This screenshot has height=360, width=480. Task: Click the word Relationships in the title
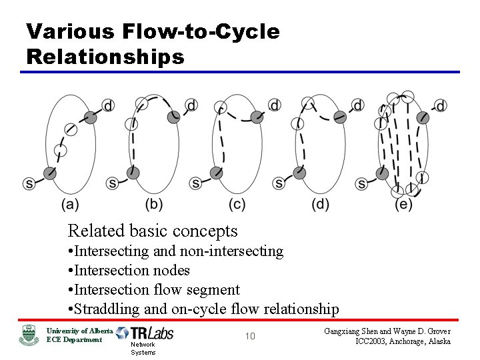(x=105, y=57)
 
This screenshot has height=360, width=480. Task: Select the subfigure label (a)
(x=70, y=205)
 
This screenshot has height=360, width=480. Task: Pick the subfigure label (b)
(x=154, y=205)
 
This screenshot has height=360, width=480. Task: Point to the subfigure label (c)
(x=237, y=205)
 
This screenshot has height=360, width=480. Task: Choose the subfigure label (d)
(x=320, y=205)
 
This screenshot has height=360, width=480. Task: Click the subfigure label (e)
(x=403, y=205)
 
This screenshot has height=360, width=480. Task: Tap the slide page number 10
(x=249, y=336)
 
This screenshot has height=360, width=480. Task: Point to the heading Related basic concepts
(x=153, y=231)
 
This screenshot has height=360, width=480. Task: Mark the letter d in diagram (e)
(x=441, y=105)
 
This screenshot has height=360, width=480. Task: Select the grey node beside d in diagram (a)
(x=91, y=118)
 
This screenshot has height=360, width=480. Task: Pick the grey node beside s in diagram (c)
(x=215, y=173)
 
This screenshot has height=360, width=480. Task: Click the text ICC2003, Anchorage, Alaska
(x=402, y=341)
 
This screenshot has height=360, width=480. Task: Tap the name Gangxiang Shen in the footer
(x=356, y=331)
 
